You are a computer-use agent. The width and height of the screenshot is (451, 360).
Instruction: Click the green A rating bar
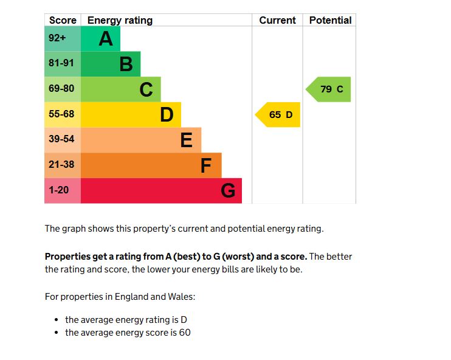(x=100, y=39)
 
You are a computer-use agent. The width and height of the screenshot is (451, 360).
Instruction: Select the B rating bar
(x=111, y=64)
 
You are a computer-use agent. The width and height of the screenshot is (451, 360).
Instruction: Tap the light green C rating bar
(x=120, y=89)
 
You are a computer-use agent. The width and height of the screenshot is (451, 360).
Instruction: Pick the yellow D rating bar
(x=131, y=114)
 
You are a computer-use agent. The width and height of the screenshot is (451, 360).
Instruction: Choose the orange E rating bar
(x=140, y=140)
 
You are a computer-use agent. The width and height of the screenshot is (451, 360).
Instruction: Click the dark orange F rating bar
(x=151, y=165)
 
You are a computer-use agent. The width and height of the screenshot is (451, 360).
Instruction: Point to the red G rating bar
(x=161, y=191)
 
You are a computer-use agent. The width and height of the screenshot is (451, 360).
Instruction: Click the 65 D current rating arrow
(x=278, y=114)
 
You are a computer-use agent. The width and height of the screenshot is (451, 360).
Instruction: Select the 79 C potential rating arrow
(x=329, y=89)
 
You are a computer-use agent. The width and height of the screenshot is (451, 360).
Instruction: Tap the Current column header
(x=277, y=20)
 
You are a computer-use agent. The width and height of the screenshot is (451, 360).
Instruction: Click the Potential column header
(x=330, y=20)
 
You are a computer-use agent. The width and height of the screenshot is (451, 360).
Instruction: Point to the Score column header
(x=63, y=20)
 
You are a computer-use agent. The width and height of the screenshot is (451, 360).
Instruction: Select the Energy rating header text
(x=120, y=20)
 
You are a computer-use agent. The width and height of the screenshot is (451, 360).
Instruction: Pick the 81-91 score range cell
(x=62, y=64)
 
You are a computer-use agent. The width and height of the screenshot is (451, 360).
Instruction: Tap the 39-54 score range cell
(x=62, y=140)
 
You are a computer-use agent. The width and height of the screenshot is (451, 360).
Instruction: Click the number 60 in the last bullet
(x=184, y=333)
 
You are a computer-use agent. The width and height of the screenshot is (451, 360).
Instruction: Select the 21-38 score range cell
(x=62, y=165)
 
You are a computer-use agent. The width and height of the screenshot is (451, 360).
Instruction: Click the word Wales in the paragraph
(x=181, y=297)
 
